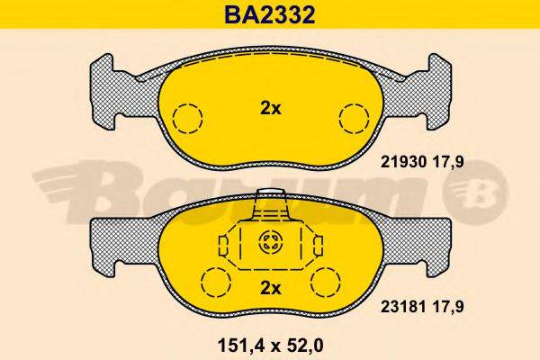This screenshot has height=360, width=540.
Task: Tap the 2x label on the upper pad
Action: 271,109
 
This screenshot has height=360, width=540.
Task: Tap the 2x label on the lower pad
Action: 271,288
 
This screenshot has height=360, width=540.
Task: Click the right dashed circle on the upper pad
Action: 353,119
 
